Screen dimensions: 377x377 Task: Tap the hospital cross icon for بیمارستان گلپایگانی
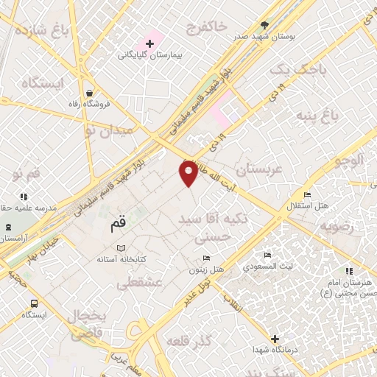(x=149, y=44)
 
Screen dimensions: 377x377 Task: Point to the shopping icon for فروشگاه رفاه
(x=89, y=94)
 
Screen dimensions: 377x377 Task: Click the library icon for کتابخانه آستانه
(x=122, y=249)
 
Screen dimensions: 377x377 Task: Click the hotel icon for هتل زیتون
(x=206, y=258)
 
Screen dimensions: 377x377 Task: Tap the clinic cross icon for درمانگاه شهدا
(x=275, y=339)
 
